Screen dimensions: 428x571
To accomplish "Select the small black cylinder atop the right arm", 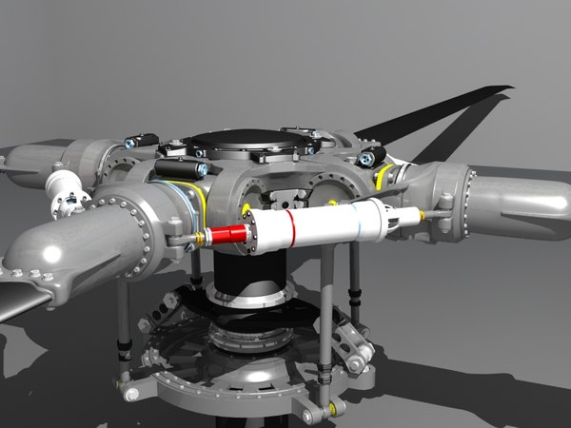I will (x=371, y=155).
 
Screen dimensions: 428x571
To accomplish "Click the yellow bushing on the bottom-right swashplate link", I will (x=331, y=409).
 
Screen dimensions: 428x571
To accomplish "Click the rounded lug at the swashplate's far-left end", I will (x=128, y=388).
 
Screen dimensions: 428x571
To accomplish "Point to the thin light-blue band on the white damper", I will (x=357, y=223).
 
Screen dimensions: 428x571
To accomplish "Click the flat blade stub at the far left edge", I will (x=19, y=302).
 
